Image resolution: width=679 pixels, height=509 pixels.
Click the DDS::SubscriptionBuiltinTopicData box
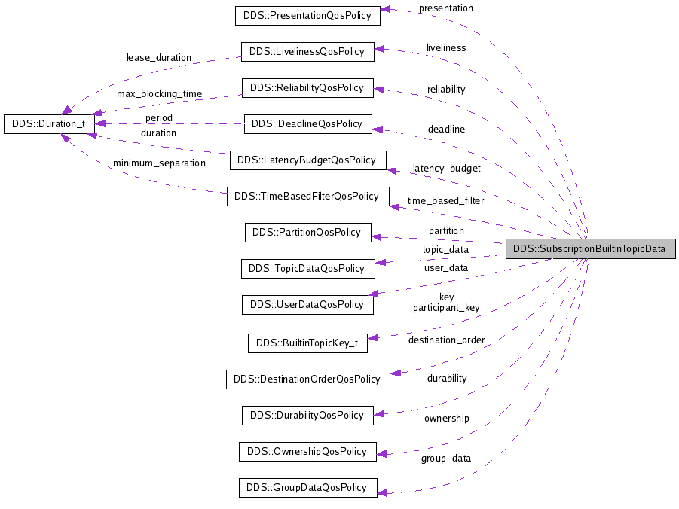tap(589, 249)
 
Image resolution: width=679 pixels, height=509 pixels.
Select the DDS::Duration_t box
tap(49, 124)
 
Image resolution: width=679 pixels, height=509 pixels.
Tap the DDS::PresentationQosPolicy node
tap(307, 15)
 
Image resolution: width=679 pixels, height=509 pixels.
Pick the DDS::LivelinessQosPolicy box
tap(307, 52)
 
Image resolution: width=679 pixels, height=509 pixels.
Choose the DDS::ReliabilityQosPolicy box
tap(307, 88)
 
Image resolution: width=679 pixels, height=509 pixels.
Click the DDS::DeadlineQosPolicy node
tap(307, 123)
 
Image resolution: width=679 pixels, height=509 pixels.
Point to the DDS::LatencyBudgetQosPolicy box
tap(307, 160)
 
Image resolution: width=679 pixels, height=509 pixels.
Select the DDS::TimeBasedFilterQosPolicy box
tap(307, 197)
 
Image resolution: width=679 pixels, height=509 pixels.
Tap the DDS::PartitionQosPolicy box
tap(307, 233)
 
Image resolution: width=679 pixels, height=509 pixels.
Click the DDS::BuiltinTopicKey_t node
tap(307, 343)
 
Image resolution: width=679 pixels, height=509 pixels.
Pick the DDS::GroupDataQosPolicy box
tap(307, 488)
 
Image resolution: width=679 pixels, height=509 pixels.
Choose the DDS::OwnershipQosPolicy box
tap(307, 452)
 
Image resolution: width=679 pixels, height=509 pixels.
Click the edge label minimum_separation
tap(159, 163)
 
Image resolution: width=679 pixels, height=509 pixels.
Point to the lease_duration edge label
tap(158, 57)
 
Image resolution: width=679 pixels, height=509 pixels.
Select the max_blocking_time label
tap(159, 94)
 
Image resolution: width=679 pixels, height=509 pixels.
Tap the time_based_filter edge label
tap(445, 200)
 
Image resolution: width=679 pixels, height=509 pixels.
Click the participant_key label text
tap(445, 308)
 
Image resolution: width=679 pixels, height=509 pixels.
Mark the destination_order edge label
tap(446, 340)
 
